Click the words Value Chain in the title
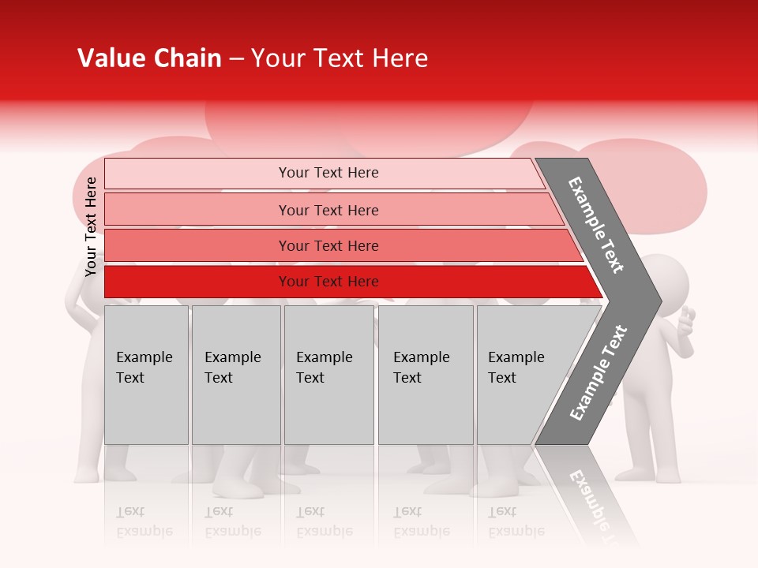149,58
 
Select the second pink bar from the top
328,210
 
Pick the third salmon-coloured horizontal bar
328,245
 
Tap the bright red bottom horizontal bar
328,282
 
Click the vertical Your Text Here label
91,226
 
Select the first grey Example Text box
146,375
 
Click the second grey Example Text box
235,375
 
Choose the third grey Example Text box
328,375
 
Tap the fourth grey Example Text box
425,375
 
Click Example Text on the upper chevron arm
596,225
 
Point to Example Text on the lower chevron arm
598,373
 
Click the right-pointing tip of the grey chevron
657,301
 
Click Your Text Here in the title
340,58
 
